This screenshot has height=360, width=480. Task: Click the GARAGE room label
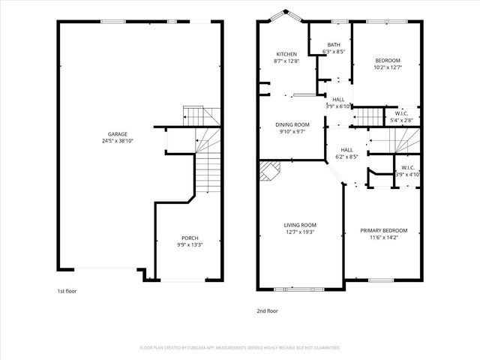coord(117,133)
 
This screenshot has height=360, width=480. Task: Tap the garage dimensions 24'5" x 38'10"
coord(117,141)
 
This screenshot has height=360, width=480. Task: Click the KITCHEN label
coord(287,54)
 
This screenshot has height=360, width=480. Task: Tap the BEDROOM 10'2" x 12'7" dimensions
coord(388,67)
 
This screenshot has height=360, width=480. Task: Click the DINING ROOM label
coord(292,124)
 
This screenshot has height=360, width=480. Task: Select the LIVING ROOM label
coord(299,225)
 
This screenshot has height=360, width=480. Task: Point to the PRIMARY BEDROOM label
coord(383,230)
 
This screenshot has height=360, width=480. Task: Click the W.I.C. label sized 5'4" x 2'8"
coord(401,113)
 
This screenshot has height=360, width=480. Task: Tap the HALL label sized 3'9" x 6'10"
coord(338,100)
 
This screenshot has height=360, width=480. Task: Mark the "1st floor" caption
coord(67,290)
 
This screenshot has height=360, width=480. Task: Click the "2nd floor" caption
coord(267,309)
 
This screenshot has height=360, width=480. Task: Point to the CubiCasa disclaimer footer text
coord(240,348)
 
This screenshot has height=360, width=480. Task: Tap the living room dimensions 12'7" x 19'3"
coord(299,232)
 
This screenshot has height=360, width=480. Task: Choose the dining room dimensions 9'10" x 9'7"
coord(292,132)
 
